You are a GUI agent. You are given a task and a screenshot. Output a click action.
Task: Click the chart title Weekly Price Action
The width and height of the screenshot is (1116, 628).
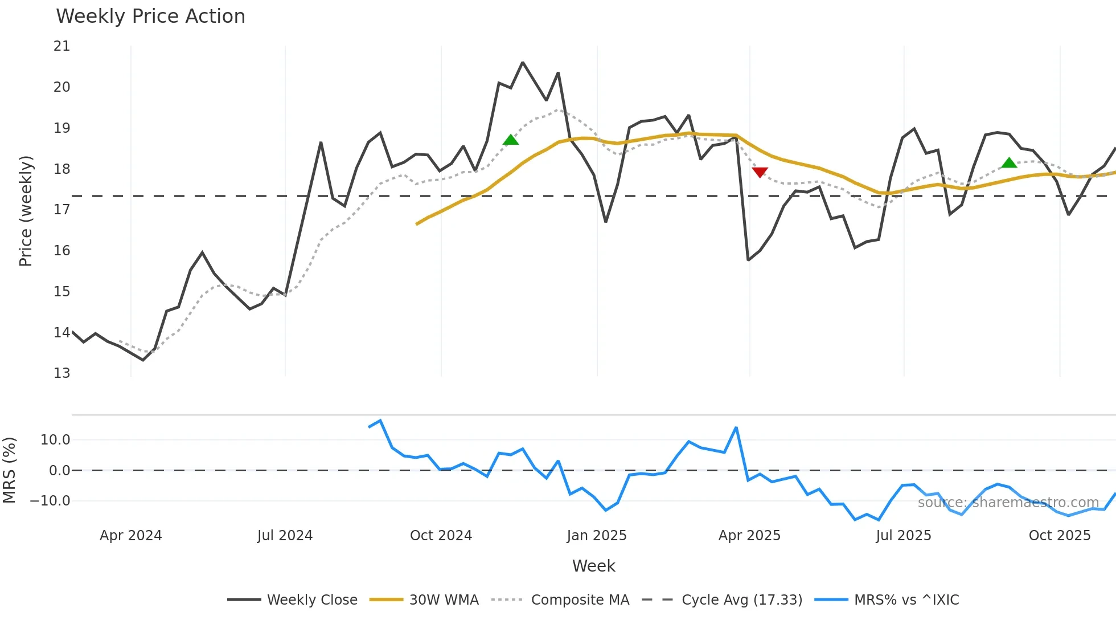[x=150, y=17]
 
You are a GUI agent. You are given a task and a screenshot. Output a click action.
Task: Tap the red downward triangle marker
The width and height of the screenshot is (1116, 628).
[x=760, y=172]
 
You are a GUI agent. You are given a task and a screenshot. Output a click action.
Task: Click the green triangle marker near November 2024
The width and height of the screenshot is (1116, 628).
[x=511, y=140]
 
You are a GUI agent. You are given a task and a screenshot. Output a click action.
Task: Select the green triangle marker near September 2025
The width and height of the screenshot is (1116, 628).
[x=1009, y=163]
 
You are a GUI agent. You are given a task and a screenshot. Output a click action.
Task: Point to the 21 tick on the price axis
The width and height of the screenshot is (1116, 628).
[x=61, y=46]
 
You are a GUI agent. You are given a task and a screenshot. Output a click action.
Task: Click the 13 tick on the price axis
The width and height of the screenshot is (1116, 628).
[x=61, y=373]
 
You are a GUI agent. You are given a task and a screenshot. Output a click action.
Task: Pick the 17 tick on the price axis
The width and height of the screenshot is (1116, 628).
[x=61, y=210]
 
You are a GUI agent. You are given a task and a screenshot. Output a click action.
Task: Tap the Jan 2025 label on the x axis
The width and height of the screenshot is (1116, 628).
[x=596, y=536]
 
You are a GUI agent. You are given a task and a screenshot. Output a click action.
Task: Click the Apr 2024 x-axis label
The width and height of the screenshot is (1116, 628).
[x=130, y=536]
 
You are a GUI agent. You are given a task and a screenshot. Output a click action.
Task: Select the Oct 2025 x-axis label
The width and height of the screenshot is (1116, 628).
[x=1059, y=536]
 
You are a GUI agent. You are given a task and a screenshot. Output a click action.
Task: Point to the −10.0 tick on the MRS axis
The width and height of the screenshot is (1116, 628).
[x=50, y=501]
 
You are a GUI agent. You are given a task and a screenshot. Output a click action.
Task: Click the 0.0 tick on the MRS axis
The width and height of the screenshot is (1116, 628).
[x=59, y=471]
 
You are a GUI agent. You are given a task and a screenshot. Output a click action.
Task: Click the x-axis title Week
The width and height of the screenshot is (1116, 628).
[x=593, y=566]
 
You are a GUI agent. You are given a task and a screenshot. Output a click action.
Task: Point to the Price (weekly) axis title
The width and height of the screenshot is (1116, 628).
[x=26, y=211]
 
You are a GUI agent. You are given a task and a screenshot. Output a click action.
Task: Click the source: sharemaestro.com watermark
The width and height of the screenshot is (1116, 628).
[x=1008, y=503]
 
